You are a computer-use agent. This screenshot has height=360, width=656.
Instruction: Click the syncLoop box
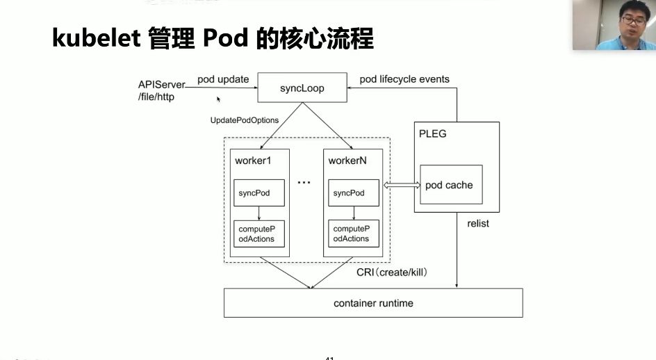click(x=302, y=88)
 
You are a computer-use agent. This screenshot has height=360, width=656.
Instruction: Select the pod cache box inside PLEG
click(x=449, y=186)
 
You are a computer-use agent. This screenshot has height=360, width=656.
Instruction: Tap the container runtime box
click(x=373, y=303)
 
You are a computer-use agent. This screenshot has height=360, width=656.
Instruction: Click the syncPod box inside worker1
click(x=259, y=193)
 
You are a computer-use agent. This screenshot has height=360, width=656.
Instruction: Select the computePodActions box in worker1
click(x=259, y=234)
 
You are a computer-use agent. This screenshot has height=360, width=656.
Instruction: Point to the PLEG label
click(x=433, y=133)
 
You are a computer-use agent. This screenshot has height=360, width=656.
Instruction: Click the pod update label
click(x=223, y=79)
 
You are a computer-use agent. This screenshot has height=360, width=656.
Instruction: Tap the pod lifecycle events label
click(x=404, y=79)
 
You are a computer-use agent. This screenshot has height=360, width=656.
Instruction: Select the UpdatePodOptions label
click(x=245, y=120)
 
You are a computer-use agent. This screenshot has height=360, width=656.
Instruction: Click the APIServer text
click(x=162, y=85)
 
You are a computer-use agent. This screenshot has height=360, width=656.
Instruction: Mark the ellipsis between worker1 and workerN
click(x=304, y=183)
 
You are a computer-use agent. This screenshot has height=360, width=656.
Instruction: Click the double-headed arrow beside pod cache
click(x=402, y=185)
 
